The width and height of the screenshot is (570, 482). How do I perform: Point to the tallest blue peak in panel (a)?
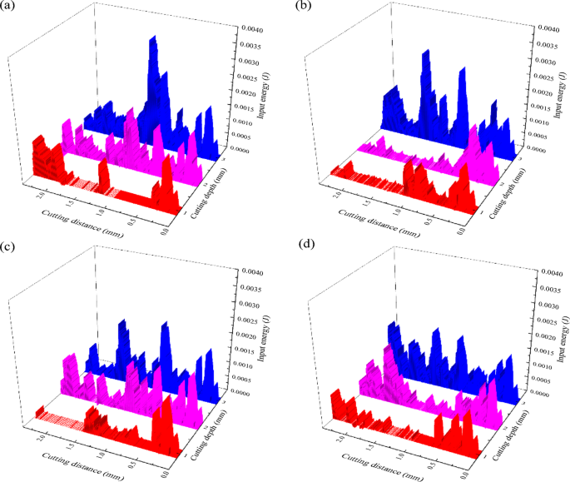153,39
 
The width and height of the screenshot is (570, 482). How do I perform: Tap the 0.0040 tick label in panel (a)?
253,30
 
